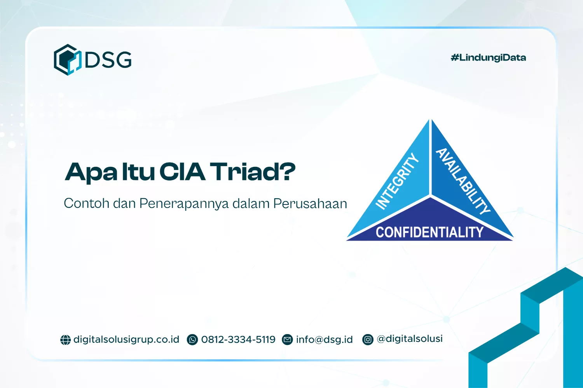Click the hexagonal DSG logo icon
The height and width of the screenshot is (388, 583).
tap(67, 60)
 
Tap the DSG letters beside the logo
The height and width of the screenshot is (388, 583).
tap(108, 60)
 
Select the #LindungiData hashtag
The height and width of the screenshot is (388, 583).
tap(488, 58)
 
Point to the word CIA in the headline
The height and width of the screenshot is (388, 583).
tap(182, 172)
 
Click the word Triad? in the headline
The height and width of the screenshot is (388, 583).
tap(253, 172)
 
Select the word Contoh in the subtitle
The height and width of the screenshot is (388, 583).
tap(86, 203)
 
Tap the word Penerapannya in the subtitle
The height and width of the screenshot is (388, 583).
tap(184, 204)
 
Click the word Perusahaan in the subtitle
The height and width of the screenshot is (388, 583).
tap(310, 204)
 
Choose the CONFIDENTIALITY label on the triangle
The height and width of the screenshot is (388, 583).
tap(429, 232)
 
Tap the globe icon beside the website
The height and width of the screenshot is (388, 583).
tap(65, 340)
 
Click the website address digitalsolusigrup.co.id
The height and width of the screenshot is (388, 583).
tap(126, 339)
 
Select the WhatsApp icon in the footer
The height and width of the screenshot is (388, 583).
tap(192, 340)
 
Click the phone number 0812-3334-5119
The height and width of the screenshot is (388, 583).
tap(238, 339)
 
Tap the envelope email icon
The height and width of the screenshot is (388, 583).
tap(287, 340)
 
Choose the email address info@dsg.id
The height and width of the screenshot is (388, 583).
tap(324, 340)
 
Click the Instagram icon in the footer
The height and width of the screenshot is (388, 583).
tap(368, 340)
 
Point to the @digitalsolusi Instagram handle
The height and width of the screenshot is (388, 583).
tap(410, 339)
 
